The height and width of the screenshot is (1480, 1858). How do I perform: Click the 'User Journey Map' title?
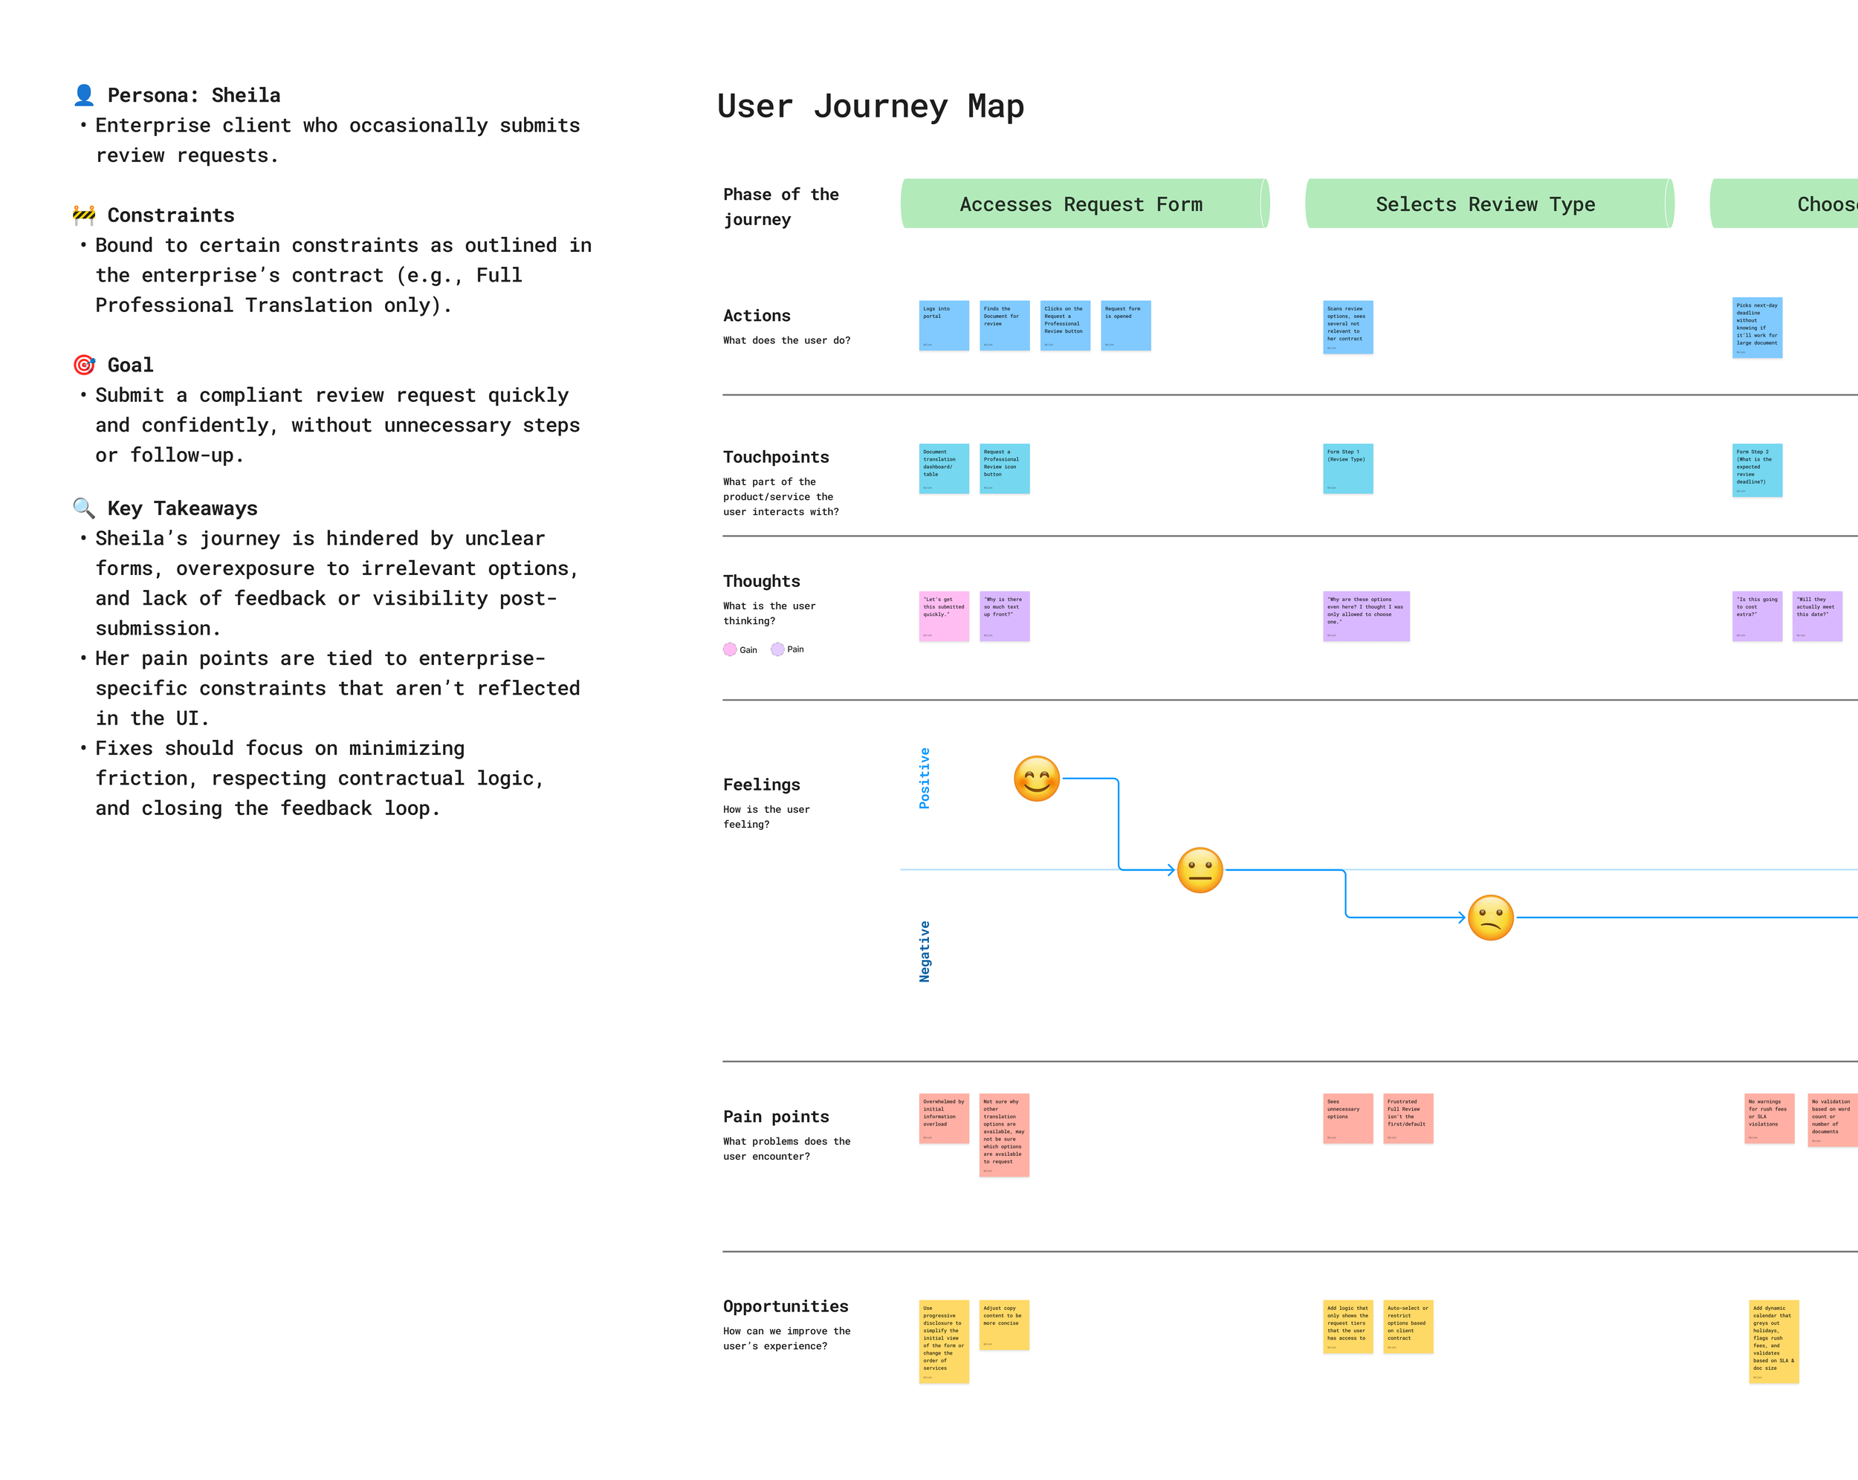(870, 106)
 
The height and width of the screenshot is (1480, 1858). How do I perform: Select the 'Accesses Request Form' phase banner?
(1081, 204)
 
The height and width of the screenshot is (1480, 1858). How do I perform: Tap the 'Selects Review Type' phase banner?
(1486, 204)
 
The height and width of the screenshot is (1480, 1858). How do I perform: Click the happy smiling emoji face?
(1037, 779)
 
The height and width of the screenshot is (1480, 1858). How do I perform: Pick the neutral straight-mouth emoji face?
(1200, 870)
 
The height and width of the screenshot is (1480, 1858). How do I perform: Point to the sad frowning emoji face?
(1491, 918)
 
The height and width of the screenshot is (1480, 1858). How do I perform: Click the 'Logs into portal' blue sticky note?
(944, 325)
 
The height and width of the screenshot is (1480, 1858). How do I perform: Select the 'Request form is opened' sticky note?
(1125, 325)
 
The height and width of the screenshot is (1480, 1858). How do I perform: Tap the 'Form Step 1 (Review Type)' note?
(1348, 469)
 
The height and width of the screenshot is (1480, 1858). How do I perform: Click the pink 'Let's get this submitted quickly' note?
(944, 616)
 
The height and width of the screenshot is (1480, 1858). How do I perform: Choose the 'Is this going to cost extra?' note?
(1757, 616)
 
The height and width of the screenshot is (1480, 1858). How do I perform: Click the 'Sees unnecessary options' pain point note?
(1348, 1118)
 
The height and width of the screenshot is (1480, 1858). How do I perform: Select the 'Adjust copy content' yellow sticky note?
(1004, 1325)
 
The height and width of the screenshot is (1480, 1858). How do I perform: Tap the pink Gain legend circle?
(730, 649)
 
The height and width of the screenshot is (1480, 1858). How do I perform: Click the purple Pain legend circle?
(777, 649)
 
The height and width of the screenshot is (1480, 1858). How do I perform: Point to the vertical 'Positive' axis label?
(925, 778)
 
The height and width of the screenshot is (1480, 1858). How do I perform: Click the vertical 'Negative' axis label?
(925, 951)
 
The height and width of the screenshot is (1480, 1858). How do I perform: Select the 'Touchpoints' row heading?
(776, 458)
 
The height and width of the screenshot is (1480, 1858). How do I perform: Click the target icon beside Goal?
(83, 366)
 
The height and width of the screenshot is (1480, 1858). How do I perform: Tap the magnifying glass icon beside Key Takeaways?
(83, 508)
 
